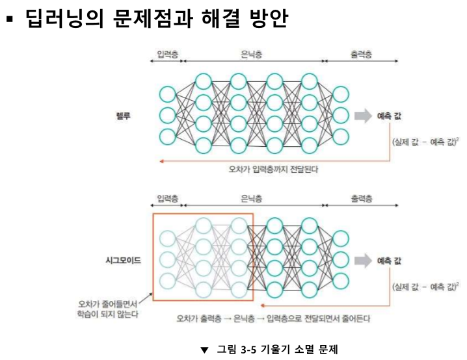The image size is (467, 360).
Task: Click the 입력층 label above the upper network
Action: click(167, 55)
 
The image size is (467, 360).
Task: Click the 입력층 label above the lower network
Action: click(167, 198)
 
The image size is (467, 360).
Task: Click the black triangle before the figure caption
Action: click(204, 350)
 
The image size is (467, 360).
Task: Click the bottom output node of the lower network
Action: click(340, 281)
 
